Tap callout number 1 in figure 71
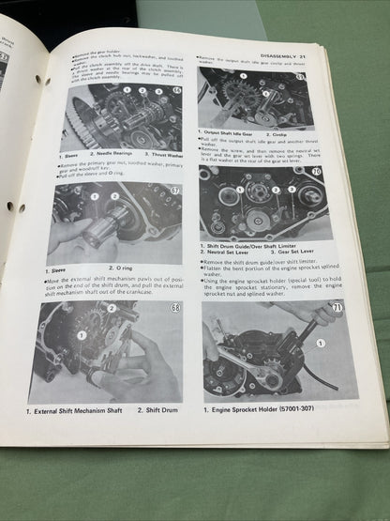pyautogui.click(x=320, y=345)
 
